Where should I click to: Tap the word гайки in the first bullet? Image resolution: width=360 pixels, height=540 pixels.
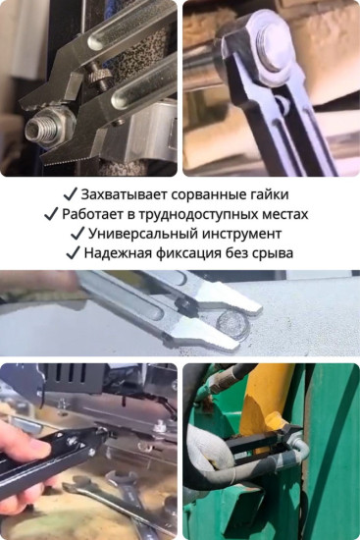click(269, 194)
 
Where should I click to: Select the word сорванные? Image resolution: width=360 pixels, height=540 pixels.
click(208, 194)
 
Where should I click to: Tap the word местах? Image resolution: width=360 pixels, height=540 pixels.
click(285, 214)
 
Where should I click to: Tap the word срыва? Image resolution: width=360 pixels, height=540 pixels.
click(273, 253)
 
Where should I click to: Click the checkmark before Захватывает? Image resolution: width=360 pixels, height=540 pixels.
click(70, 194)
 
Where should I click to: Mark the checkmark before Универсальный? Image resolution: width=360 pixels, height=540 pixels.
click(77, 234)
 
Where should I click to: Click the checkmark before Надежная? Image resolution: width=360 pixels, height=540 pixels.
click(72, 253)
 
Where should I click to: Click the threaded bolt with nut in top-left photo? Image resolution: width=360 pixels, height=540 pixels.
click(49, 127)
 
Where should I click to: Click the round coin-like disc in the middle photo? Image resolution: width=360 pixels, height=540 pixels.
click(231, 323)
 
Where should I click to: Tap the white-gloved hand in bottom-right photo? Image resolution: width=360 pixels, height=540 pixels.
click(211, 461)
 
